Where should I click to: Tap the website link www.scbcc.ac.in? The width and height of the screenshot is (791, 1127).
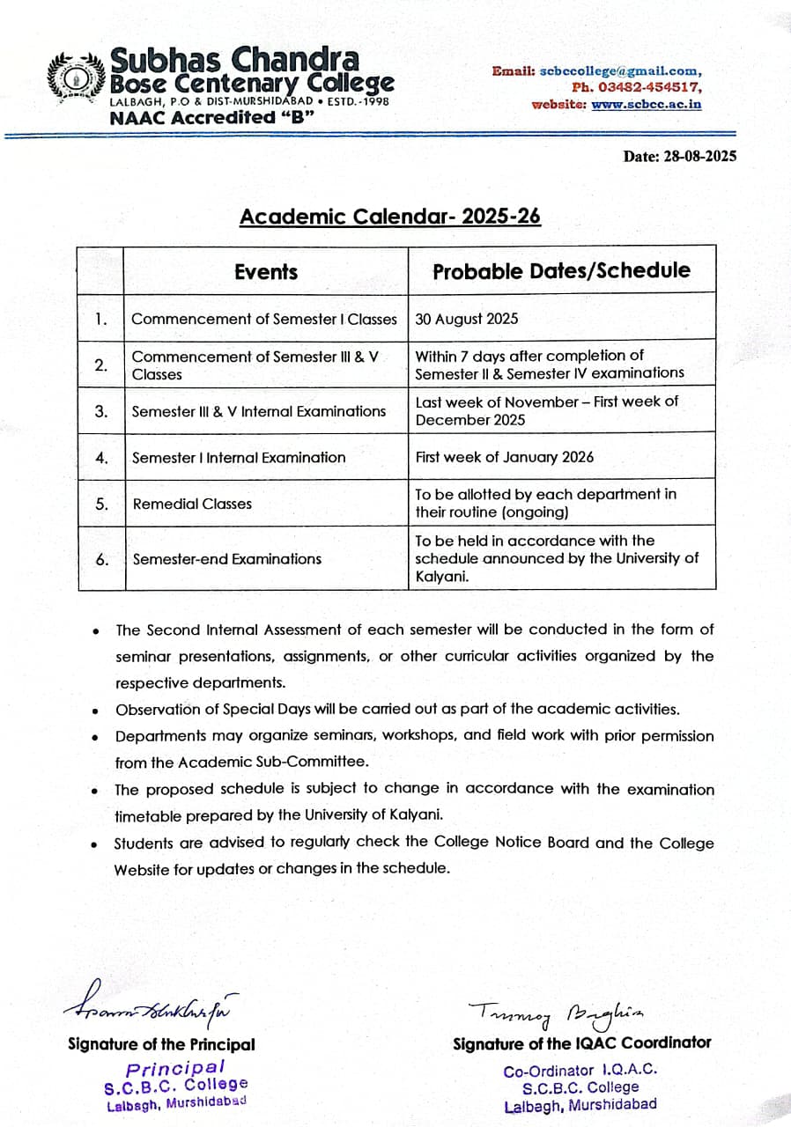pos(647,104)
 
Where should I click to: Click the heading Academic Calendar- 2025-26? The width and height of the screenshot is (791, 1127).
pos(389,217)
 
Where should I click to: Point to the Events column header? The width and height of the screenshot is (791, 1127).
pos(265,272)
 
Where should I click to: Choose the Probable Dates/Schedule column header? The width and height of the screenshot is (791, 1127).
pos(561,271)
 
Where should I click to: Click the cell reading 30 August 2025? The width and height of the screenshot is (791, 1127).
pos(466,319)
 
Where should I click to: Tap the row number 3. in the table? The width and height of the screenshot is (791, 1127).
pos(101,411)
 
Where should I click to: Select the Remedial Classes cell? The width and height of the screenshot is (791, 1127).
pos(192,504)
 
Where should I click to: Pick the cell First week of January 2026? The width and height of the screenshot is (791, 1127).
pos(504,457)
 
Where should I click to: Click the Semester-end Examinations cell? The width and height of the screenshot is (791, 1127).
pos(227,558)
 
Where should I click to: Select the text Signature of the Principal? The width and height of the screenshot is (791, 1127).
pos(161,1044)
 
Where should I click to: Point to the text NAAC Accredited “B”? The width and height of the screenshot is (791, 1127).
pos(211,117)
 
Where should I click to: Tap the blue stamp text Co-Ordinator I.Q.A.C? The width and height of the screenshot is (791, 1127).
pos(580,1072)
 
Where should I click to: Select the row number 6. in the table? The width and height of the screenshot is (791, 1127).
pos(101,558)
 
